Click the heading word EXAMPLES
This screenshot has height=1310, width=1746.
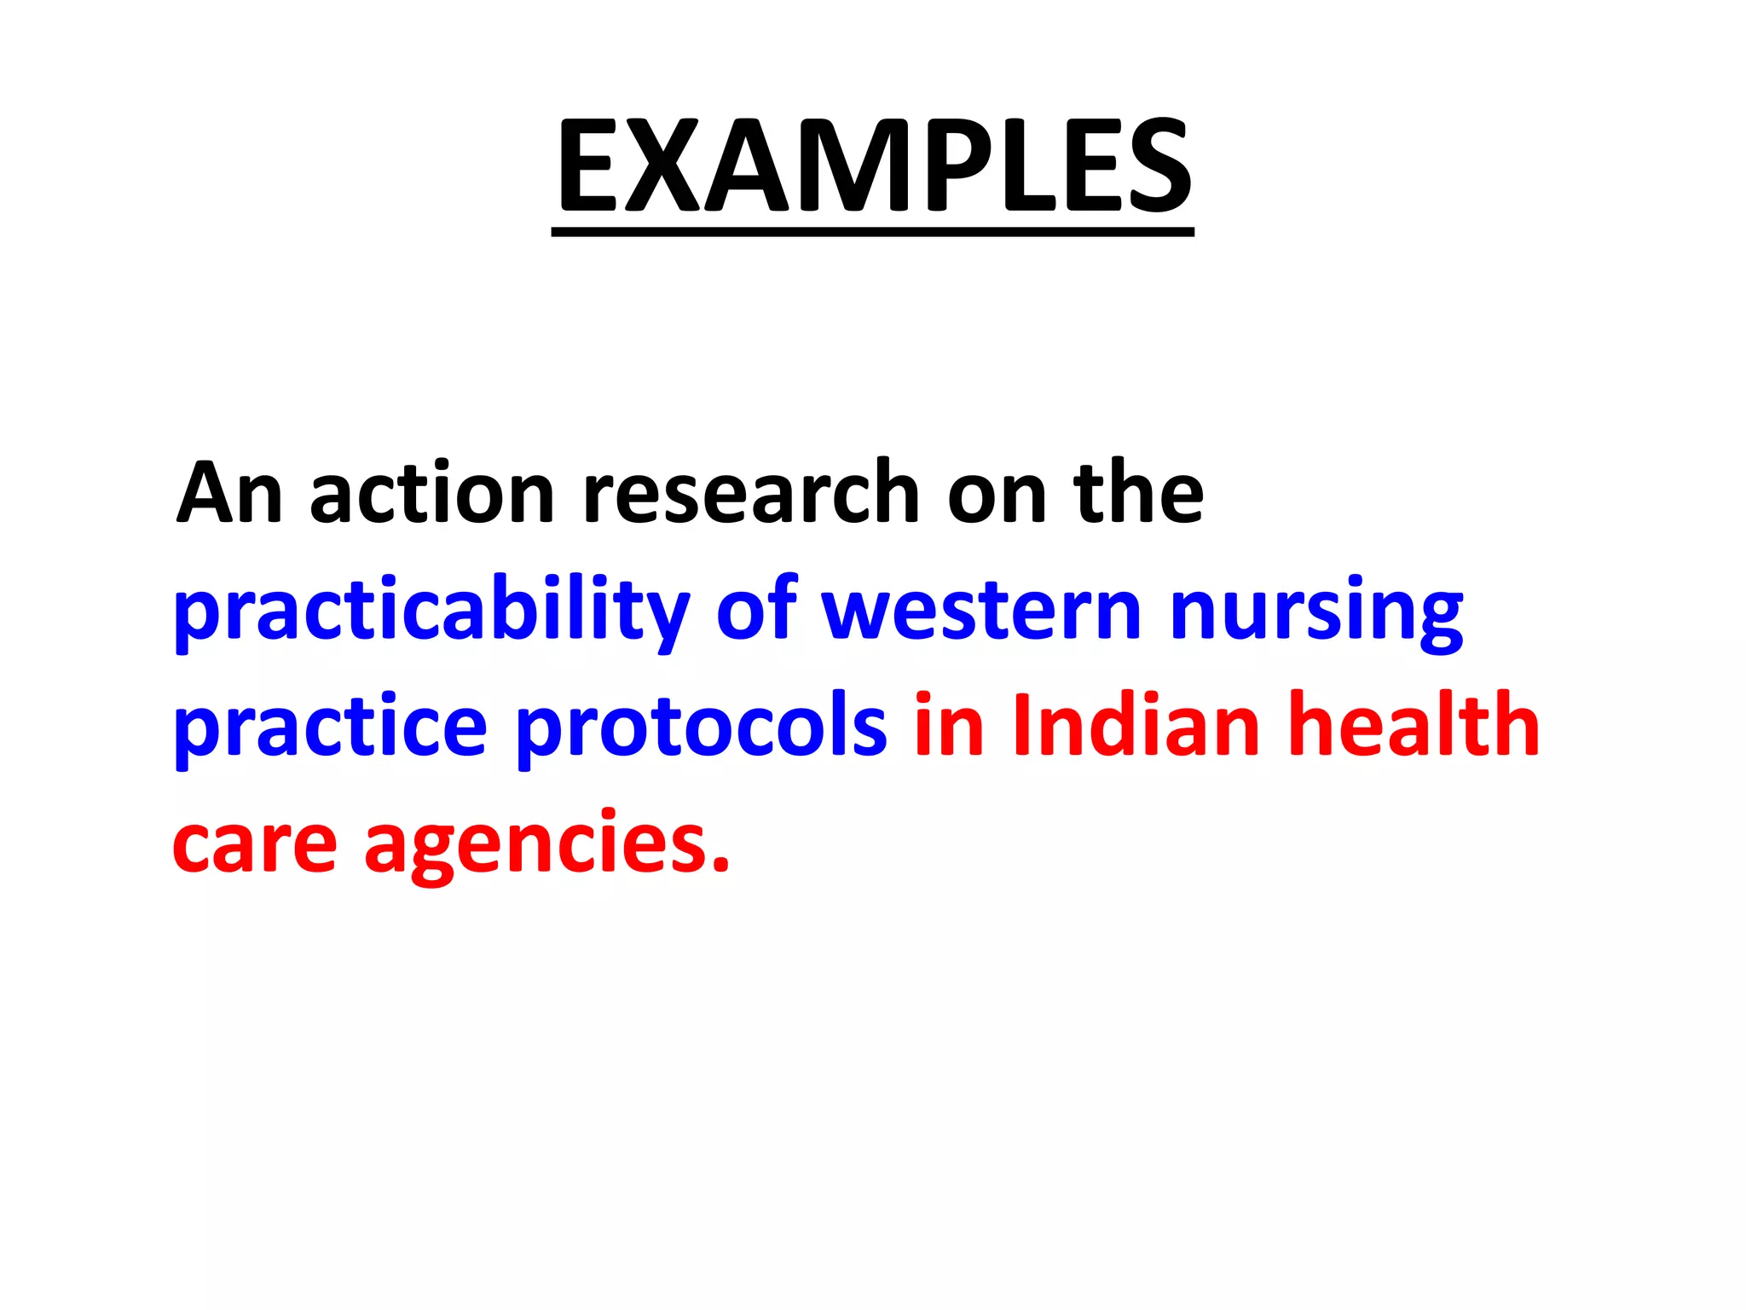873,166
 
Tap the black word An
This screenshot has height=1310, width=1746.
228,494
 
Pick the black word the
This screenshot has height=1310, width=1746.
1138,494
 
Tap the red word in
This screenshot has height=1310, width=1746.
949,725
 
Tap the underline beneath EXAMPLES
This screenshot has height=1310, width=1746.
873,231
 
